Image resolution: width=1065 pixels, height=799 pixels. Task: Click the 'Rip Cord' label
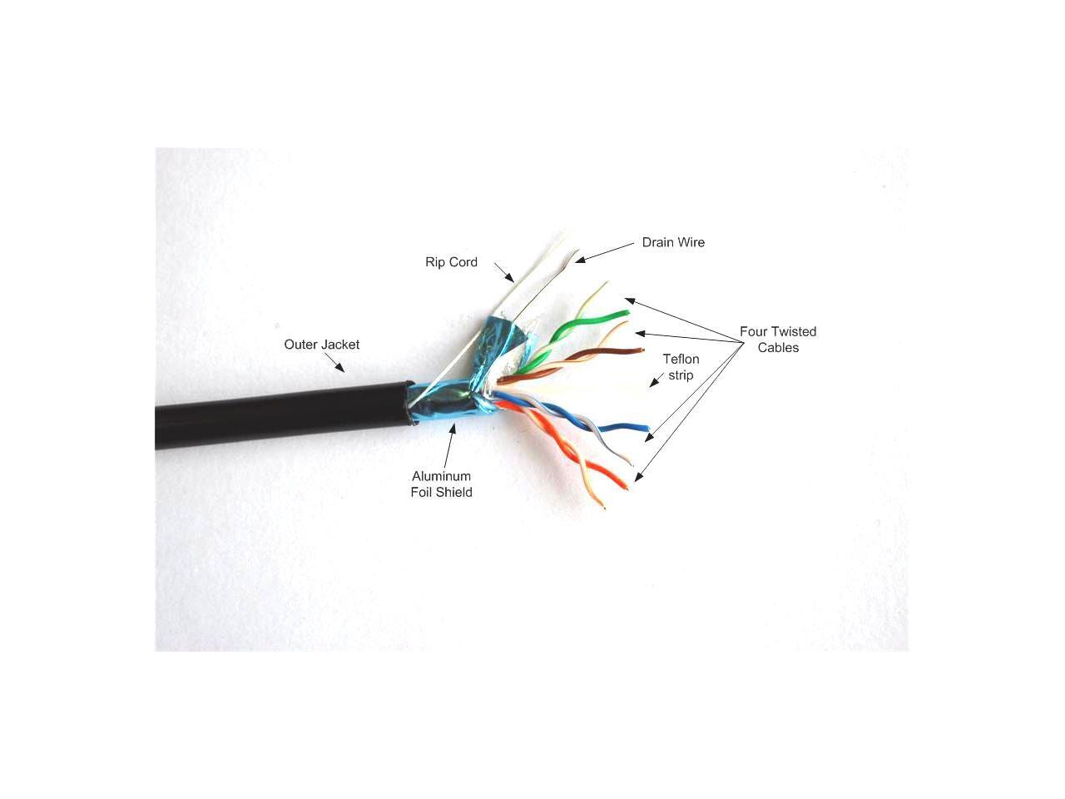[451, 262]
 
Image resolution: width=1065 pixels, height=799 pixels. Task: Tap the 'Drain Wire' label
[672, 242]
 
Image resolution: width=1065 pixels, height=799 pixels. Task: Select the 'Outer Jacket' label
[321, 345]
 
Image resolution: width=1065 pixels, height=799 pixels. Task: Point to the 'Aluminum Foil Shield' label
[441, 484]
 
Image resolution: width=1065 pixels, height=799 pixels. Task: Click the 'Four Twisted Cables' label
[778, 340]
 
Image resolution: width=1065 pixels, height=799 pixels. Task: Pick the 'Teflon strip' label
[681, 367]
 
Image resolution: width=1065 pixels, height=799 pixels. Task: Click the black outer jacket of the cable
[283, 416]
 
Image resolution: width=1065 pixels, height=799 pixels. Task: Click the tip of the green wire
[626, 312]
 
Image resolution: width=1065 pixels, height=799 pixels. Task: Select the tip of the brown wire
[641, 350]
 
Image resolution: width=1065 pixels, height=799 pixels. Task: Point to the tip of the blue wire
[646, 429]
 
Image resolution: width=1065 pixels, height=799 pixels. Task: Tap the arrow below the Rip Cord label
[504, 272]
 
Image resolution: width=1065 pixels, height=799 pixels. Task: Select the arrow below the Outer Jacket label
[334, 363]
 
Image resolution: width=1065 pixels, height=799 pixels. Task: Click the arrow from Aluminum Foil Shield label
[450, 445]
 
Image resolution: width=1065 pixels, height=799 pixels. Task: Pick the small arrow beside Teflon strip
[657, 380]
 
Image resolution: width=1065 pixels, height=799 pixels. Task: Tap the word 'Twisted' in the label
[793, 331]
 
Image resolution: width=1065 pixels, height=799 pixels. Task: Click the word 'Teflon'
[681, 359]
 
